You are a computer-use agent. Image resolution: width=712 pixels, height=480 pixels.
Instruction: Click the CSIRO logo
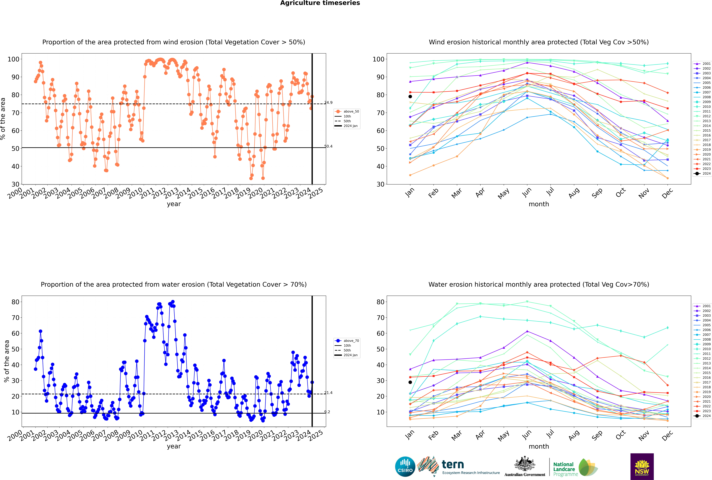pos(405,467)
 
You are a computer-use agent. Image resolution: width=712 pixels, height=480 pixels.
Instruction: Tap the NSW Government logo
pos(642,466)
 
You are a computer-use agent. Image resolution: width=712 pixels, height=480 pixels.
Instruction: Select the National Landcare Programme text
pos(564,469)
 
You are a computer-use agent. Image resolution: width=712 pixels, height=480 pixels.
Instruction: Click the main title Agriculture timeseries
pos(320,3)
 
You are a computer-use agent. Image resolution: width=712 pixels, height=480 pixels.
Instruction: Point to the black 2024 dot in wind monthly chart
pos(410,96)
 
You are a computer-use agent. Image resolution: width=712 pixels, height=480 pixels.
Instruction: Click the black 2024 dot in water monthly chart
pos(410,382)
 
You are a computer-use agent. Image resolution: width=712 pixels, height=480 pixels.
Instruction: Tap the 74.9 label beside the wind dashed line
pos(328,103)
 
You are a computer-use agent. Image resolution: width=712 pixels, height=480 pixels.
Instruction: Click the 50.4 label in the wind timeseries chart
pos(328,146)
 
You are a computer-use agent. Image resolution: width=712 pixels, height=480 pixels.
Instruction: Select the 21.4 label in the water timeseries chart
pos(328,393)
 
